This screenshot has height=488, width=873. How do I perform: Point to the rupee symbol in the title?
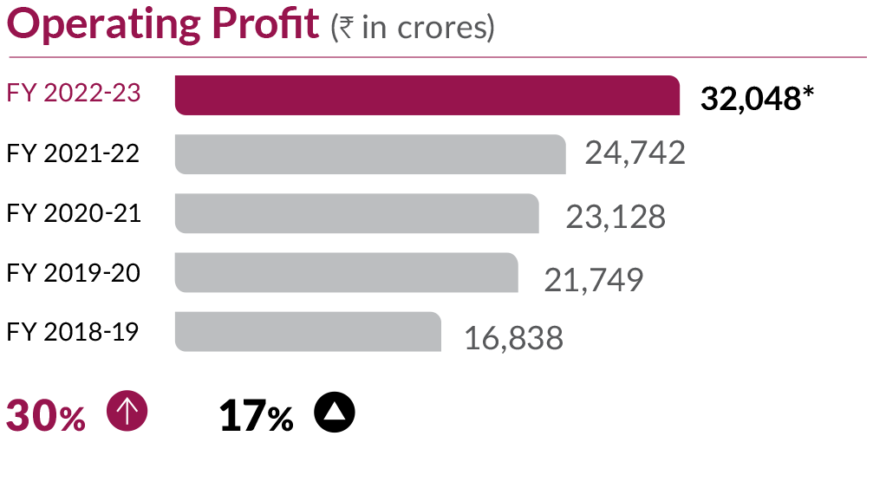click(344, 28)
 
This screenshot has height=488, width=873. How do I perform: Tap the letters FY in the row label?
click(22, 94)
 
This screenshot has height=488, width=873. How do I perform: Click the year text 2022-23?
click(92, 94)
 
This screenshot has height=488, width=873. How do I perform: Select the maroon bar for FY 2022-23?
click(427, 95)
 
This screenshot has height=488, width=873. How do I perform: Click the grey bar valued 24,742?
click(369, 154)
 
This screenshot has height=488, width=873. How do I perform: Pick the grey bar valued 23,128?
click(356, 213)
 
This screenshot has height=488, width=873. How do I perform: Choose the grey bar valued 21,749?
click(346, 272)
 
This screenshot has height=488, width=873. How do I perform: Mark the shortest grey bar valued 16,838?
click(307, 331)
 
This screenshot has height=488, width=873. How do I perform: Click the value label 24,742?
click(635, 153)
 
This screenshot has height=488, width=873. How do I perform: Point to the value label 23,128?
click(616, 217)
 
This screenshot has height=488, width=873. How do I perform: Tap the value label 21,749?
click(593, 280)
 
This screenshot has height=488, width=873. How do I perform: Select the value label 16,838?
click(513, 338)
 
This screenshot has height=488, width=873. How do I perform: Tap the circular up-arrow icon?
click(127, 410)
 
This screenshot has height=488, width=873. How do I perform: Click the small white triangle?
click(334, 412)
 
